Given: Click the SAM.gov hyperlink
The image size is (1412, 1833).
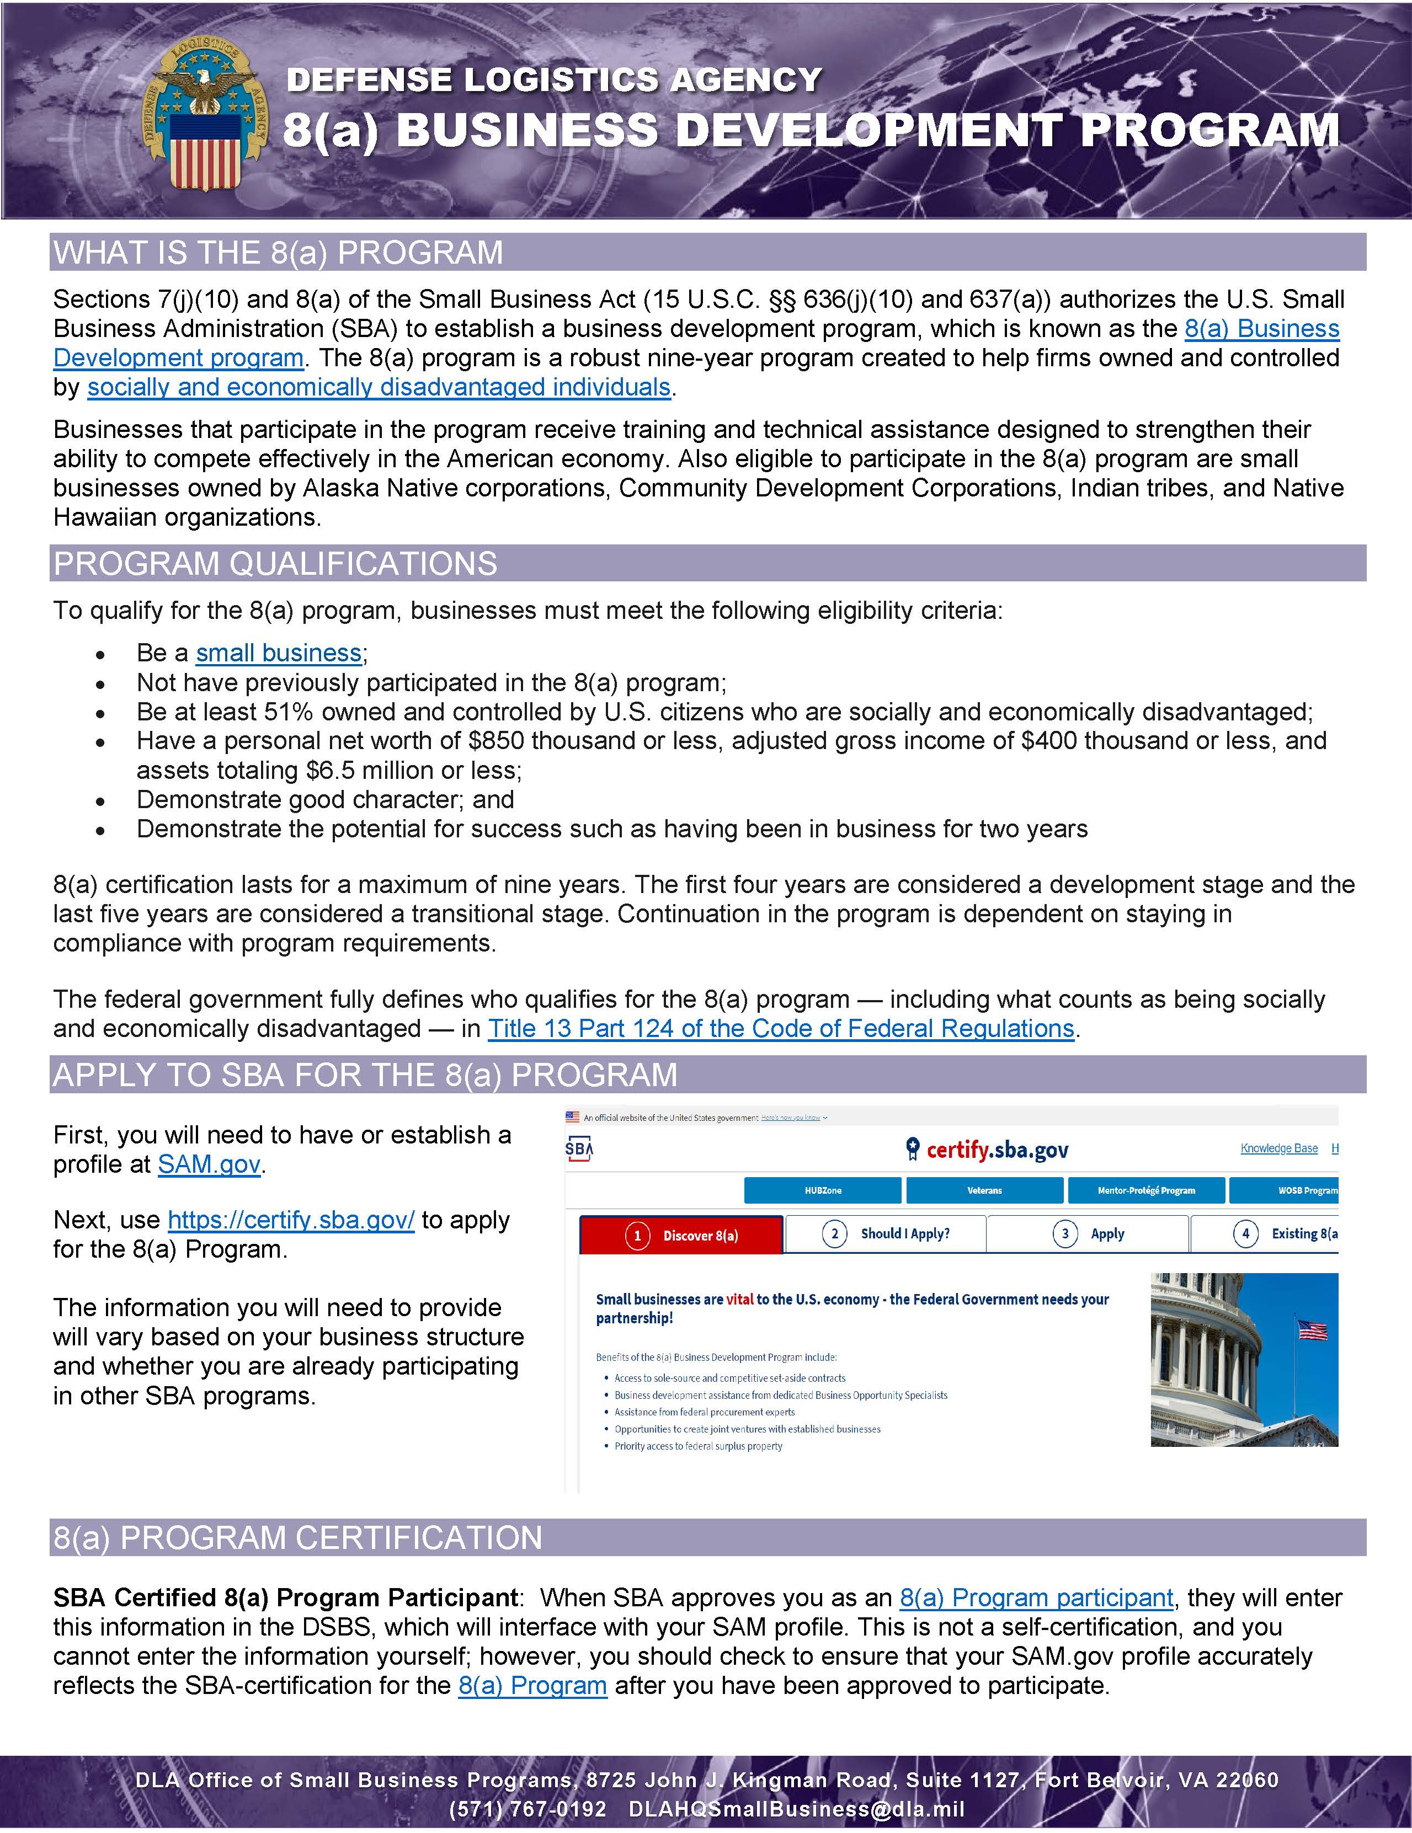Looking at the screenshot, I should [209, 1164].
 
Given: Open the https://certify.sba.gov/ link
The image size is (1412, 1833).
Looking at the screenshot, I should [290, 1220].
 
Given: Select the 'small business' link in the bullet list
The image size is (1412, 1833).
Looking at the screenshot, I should [279, 653].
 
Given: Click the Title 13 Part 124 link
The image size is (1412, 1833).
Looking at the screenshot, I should [781, 1028].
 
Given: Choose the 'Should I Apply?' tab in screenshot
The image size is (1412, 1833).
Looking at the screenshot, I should [886, 1234].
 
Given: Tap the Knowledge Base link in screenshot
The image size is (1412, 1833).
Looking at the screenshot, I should [1278, 1148].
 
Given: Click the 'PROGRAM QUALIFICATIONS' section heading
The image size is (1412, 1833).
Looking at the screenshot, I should [275, 563].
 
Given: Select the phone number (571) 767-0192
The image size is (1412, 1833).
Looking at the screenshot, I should [527, 1809].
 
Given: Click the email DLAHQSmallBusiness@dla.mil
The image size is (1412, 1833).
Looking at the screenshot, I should [796, 1809].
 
